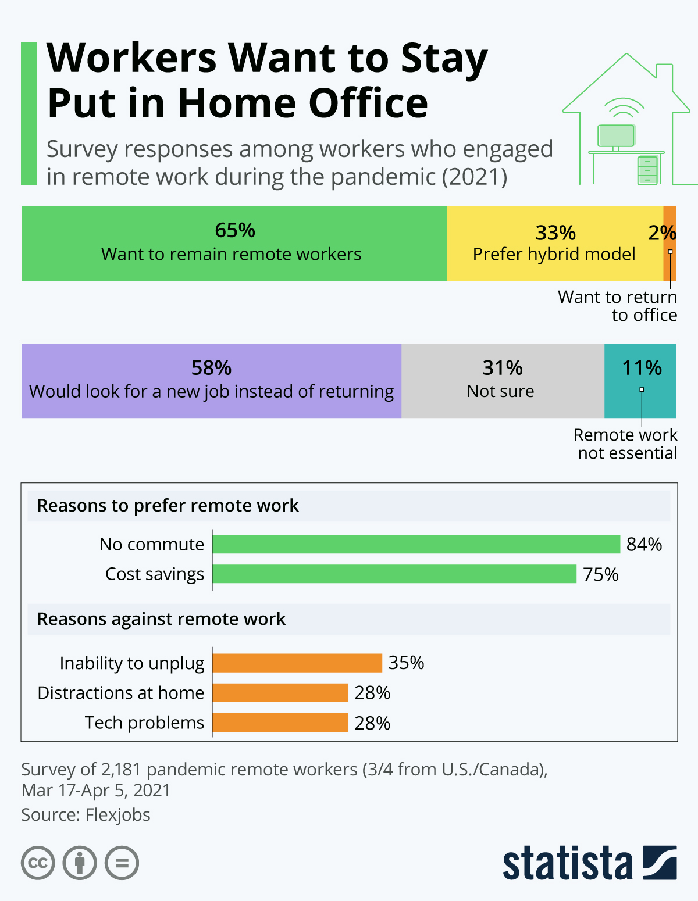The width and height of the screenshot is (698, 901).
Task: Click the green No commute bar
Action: [416, 544]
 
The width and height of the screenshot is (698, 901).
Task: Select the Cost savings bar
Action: [394, 574]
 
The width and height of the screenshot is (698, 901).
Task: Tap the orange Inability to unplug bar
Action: [297, 663]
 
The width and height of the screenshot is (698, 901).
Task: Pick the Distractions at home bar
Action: [280, 693]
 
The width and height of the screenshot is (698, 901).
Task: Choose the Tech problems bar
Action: [280, 723]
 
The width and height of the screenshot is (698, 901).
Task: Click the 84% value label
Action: [644, 545]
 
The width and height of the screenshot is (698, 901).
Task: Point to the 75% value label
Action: [600, 574]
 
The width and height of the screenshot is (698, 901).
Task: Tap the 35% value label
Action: [406, 663]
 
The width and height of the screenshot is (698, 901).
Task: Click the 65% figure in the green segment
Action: [235, 231]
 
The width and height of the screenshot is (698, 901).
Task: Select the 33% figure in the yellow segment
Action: [555, 233]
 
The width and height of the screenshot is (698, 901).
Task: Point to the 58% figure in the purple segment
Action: [211, 368]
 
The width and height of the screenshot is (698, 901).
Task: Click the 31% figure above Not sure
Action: [503, 368]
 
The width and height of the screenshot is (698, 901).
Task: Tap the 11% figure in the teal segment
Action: [642, 368]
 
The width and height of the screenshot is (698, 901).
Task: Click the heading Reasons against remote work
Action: [161, 619]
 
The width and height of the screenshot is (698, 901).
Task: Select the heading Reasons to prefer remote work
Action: [168, 506]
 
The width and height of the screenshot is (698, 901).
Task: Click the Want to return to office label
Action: [618, 306]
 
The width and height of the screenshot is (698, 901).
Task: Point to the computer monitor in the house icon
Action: [615, 136]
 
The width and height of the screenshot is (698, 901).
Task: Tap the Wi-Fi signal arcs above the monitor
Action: [624, 108]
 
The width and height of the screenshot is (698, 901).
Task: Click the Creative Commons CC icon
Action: [38, 863]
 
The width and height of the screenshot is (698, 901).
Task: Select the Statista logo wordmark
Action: [567, 863]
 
